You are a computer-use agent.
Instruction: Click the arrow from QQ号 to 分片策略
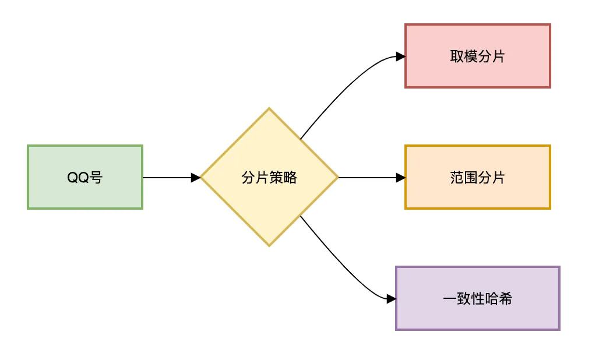pos(169,178)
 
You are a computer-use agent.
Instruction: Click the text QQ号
pos(85,178)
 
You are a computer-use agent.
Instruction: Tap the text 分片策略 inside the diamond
pos(269,178)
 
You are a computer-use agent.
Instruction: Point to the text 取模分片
pos(478,57)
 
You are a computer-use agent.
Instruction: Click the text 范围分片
pos(478,178)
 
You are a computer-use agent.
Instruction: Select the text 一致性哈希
pos(478,299)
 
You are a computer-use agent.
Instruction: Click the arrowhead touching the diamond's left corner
pos(196,178)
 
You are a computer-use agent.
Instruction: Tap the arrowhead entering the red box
pos(400,57)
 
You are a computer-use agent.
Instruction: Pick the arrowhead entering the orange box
pos(400,178)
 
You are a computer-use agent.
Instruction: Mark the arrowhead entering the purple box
pos(391,299)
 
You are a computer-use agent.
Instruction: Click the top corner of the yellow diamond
pos(269,109)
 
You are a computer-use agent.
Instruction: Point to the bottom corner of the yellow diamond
pos(269,245)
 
